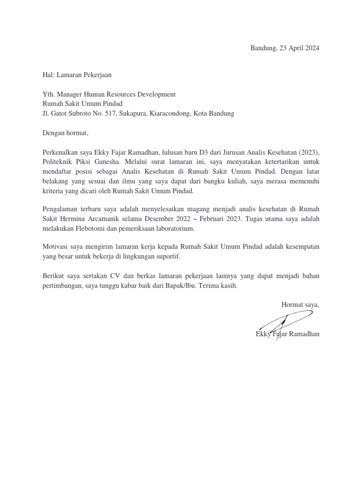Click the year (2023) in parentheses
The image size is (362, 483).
[307, 153]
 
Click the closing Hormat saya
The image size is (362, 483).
[300, 305]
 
